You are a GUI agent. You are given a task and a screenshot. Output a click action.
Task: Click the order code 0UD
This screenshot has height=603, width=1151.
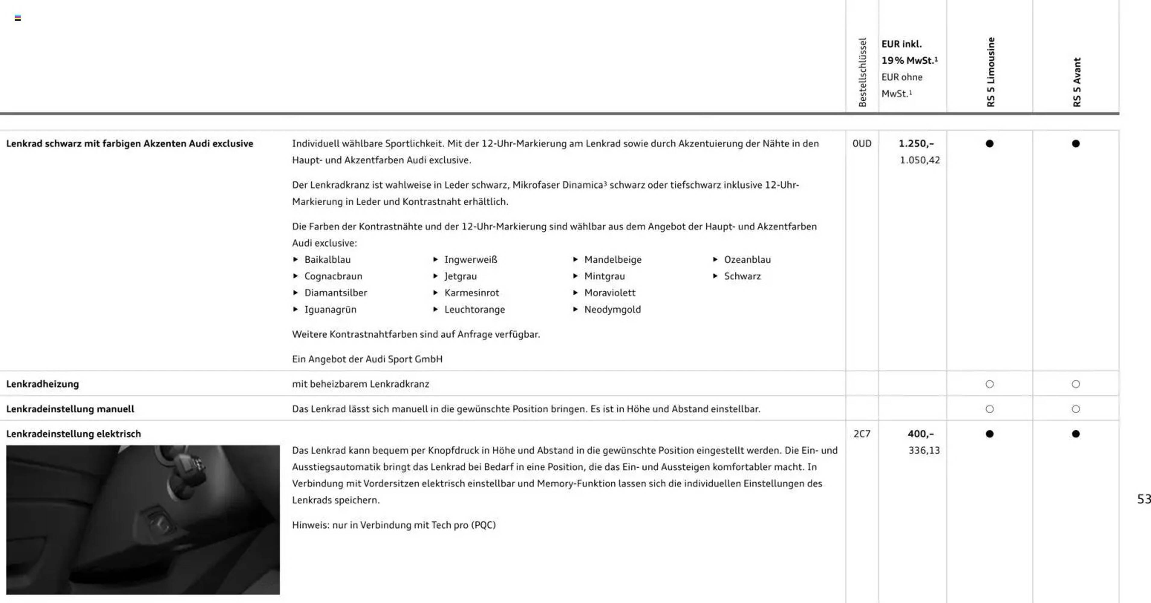click(x=862, y=144)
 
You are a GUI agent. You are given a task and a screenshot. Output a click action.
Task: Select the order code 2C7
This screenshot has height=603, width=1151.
click(x=862, y=434)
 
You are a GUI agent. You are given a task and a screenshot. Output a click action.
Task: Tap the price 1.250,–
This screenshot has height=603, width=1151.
click(x=916, y=144)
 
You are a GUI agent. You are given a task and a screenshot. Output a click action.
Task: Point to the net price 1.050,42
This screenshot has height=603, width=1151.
click(x=919, y=160)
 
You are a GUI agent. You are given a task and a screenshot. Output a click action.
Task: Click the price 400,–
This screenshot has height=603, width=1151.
click(x=920, y=434)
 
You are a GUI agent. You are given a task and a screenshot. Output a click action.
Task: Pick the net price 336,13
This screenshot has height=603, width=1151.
click(x=924, y=450)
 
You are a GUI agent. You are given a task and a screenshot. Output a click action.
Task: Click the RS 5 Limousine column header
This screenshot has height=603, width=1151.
click(x=991, y=72)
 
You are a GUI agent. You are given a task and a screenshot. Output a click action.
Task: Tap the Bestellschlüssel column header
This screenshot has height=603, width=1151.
click(x=862, y=72)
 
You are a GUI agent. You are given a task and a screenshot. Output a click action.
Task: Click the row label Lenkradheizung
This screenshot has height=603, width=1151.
click(x=43, y=384)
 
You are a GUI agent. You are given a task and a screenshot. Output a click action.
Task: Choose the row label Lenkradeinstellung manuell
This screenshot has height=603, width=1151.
click(x=70, y=409)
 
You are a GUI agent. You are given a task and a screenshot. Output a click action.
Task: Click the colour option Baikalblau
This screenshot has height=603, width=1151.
click(x=327, y=260)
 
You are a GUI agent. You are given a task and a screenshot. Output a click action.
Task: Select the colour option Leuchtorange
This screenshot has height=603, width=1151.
click(x=475, y=309)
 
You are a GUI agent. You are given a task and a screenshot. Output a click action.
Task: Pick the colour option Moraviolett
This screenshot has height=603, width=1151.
click(x=610, y=293)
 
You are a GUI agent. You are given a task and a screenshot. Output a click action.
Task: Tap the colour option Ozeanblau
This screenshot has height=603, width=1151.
click(x=747, y=260)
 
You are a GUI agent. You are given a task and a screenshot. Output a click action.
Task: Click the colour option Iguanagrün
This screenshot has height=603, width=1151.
click(x=330, y=309)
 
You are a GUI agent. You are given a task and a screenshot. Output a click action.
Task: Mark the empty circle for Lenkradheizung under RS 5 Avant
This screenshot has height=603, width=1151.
click(x=1076, y=384)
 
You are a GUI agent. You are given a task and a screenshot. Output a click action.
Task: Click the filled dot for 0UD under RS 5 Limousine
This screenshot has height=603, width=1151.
click(x=990, y=144)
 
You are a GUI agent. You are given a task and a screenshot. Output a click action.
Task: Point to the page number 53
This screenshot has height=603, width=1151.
click(x=1143, y=499)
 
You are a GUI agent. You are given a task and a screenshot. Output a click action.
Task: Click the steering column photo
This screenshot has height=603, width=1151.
click(x=143, y=519)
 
